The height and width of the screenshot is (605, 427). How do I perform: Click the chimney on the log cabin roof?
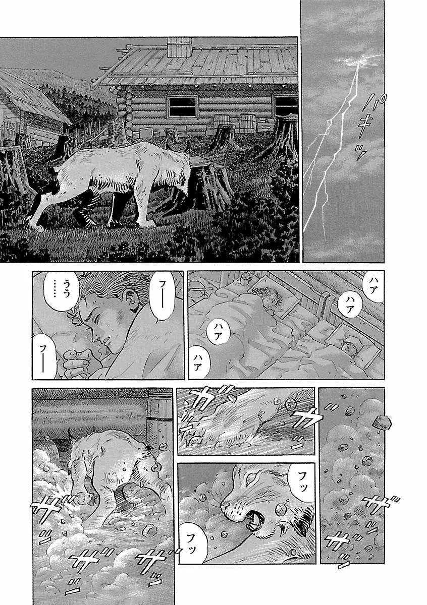[x=179, y=47]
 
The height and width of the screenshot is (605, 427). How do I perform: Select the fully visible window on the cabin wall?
[x=182, y=106]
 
